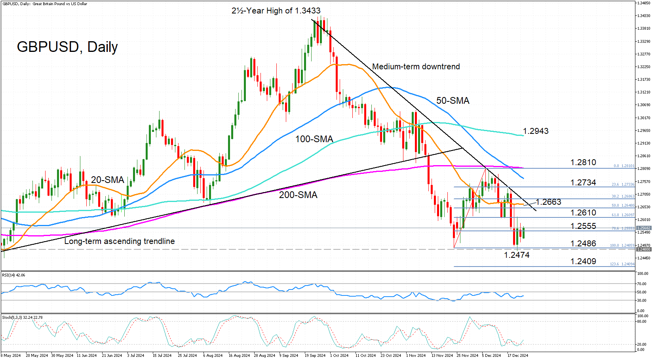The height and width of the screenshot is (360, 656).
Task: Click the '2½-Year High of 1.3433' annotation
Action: [x=276, y=11]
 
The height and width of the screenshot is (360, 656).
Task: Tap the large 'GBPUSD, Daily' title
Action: [x=67, y=47]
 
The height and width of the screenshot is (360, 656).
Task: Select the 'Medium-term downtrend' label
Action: [x=416, y=67]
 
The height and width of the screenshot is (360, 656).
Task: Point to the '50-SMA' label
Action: [x=453, y=101]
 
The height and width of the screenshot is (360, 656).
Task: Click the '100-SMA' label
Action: [x=314, y=139]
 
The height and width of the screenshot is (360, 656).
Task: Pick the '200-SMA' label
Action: [x=298, y=195]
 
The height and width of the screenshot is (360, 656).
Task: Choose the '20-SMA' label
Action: [x=108, y=180]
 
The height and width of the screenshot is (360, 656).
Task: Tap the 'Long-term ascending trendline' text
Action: [x=120, y=241]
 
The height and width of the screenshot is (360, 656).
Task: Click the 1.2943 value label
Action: [x=535, y=131]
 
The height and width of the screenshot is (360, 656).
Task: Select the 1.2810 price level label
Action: [x=583, y=162]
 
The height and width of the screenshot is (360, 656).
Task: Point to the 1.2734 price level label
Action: [x=583, y=183]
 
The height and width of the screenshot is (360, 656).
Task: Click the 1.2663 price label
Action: [x=548, y=202]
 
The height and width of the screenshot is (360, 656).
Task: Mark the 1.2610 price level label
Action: [x=583, y=213]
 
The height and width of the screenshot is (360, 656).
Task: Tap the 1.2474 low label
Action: [x=516, y=255]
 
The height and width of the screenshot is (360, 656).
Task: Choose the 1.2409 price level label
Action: [x=583, y=261]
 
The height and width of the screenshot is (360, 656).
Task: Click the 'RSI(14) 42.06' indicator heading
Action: [x=13, y=275]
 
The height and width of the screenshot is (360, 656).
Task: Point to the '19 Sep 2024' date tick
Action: [x=315, y=355]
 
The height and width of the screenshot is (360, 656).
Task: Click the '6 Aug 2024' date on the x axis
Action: [x=213, y=355]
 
